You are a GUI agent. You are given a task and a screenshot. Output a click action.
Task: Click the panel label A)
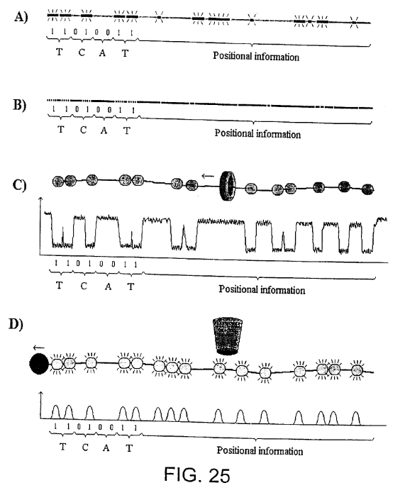coord(21,16)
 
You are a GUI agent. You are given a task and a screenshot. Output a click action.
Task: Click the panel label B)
coord(20,104)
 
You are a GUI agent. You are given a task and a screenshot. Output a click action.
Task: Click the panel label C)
coord(19,184)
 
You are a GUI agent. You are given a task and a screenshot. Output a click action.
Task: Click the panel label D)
coord(16,324)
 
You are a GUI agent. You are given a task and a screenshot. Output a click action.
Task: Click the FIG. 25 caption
coord(197,474)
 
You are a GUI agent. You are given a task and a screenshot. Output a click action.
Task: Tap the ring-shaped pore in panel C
coord(228,187)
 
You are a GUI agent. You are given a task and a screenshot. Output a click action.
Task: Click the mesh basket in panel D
coord(228,336)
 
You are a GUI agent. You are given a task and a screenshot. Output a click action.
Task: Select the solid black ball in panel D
coord(39,364)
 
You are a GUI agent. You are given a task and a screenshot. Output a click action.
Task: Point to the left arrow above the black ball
coord(38,348)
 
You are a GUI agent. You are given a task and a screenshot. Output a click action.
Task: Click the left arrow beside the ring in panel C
coord(208,176)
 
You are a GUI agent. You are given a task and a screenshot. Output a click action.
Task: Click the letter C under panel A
coord(82,52)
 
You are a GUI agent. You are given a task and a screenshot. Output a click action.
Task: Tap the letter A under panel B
coord(104,130)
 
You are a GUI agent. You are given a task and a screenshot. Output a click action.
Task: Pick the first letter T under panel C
coord(59,285)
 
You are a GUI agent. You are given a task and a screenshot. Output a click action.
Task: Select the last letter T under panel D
coord(129,448)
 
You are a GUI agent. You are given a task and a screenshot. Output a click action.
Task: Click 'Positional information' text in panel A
coord(256,56)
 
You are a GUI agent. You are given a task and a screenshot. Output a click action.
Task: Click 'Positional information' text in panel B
coord(257,133)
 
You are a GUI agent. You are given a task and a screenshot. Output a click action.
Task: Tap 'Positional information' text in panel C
coord(262,289)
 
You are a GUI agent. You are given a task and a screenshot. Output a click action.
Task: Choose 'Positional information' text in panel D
coord(260,450)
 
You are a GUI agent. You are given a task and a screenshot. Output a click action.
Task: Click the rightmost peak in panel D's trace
coord(356,418)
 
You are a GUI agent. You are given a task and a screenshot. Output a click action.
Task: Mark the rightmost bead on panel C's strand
coord(367,189)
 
